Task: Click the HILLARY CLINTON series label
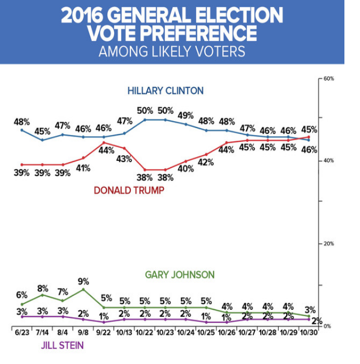click(x=165, y=91)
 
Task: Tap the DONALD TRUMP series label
click(x=128, y=190)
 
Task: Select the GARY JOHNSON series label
click(x=179, y=275)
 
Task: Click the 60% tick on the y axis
click(x=328, y=78)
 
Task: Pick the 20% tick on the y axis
click(x=328, y=243)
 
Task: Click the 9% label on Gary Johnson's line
click(x=84, y=282)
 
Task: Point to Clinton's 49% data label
click(x=186, y=115)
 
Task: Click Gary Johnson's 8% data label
click(x=43, y=288)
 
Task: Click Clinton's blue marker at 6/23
click(x=22, y=130)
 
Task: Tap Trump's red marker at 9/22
click(x=104, y=142)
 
